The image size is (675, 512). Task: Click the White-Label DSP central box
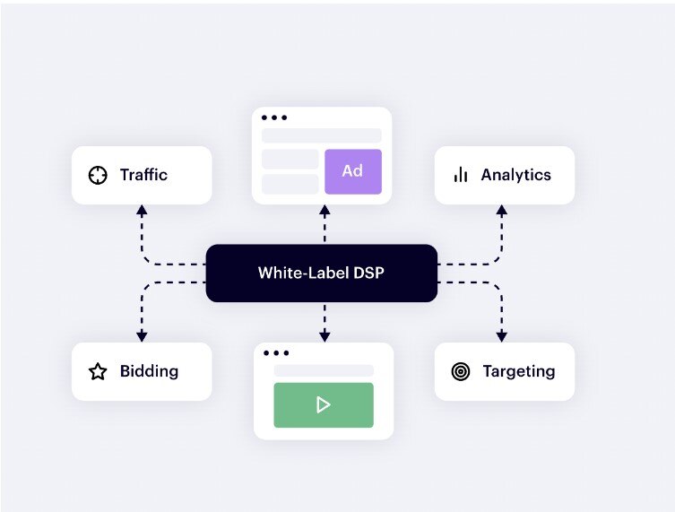321,273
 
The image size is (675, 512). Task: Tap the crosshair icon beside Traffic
98,175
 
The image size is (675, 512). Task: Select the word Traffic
143,175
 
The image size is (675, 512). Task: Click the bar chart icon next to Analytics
461,175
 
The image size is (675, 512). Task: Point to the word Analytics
515,175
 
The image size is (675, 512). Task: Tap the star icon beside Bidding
98,371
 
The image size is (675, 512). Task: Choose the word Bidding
149,371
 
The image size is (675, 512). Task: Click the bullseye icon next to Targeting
461,371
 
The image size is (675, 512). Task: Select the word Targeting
518,371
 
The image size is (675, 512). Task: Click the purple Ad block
352,171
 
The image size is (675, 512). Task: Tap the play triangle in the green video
323,405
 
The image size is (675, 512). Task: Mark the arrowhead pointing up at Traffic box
142,212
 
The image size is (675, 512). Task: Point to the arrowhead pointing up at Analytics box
502,212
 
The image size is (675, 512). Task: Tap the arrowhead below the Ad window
325,213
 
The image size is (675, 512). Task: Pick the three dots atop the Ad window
273,117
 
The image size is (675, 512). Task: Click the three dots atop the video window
276,353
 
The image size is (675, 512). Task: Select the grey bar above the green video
323,370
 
